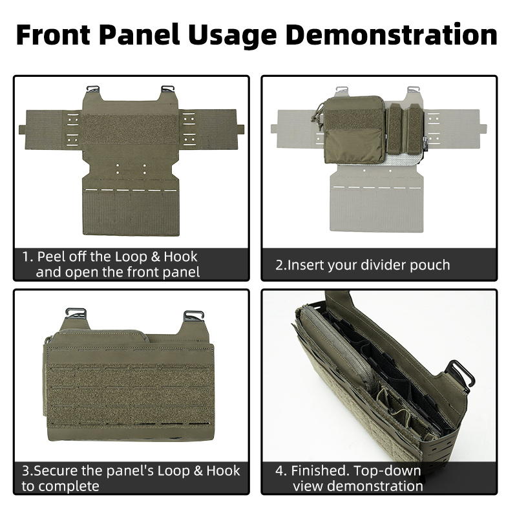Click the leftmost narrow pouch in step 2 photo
point(394,128)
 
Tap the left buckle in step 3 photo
point(76,317)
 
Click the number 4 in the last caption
point(280,470)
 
